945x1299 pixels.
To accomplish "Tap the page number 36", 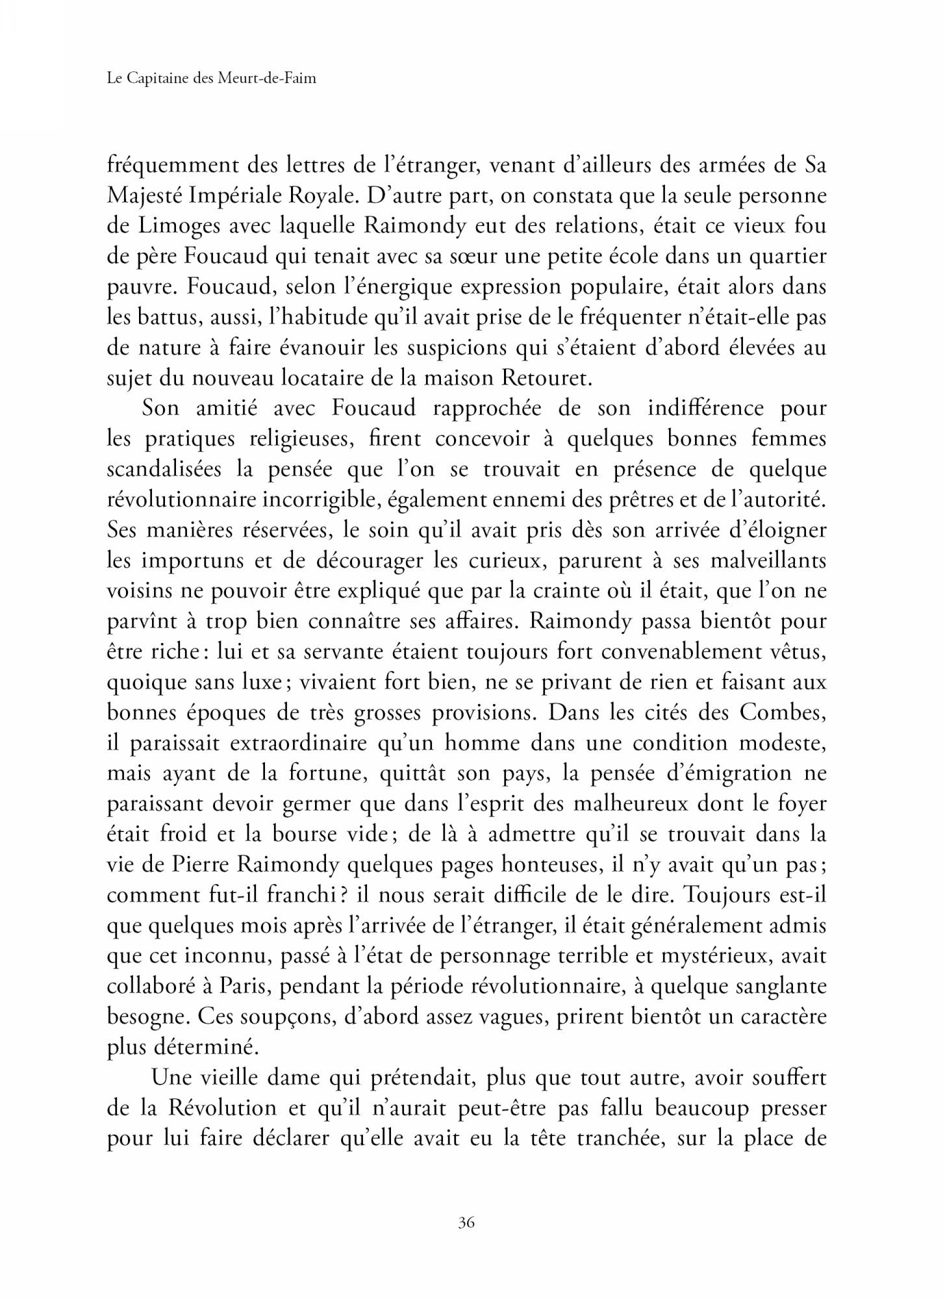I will coord(466,1222).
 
